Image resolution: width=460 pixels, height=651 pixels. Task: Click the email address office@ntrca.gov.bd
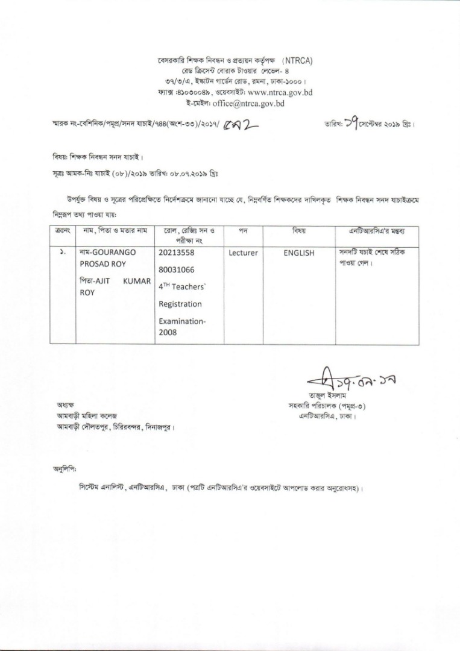click(253, 103)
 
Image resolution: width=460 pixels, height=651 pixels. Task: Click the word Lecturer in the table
click(243, 253)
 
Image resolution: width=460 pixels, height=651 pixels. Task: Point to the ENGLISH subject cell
click(299, 253)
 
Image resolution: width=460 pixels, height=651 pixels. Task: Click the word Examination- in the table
click(182, 321)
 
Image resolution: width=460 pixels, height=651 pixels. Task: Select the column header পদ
click(244, 231)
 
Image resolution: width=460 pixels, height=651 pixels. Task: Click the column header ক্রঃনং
click(63, 231)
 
